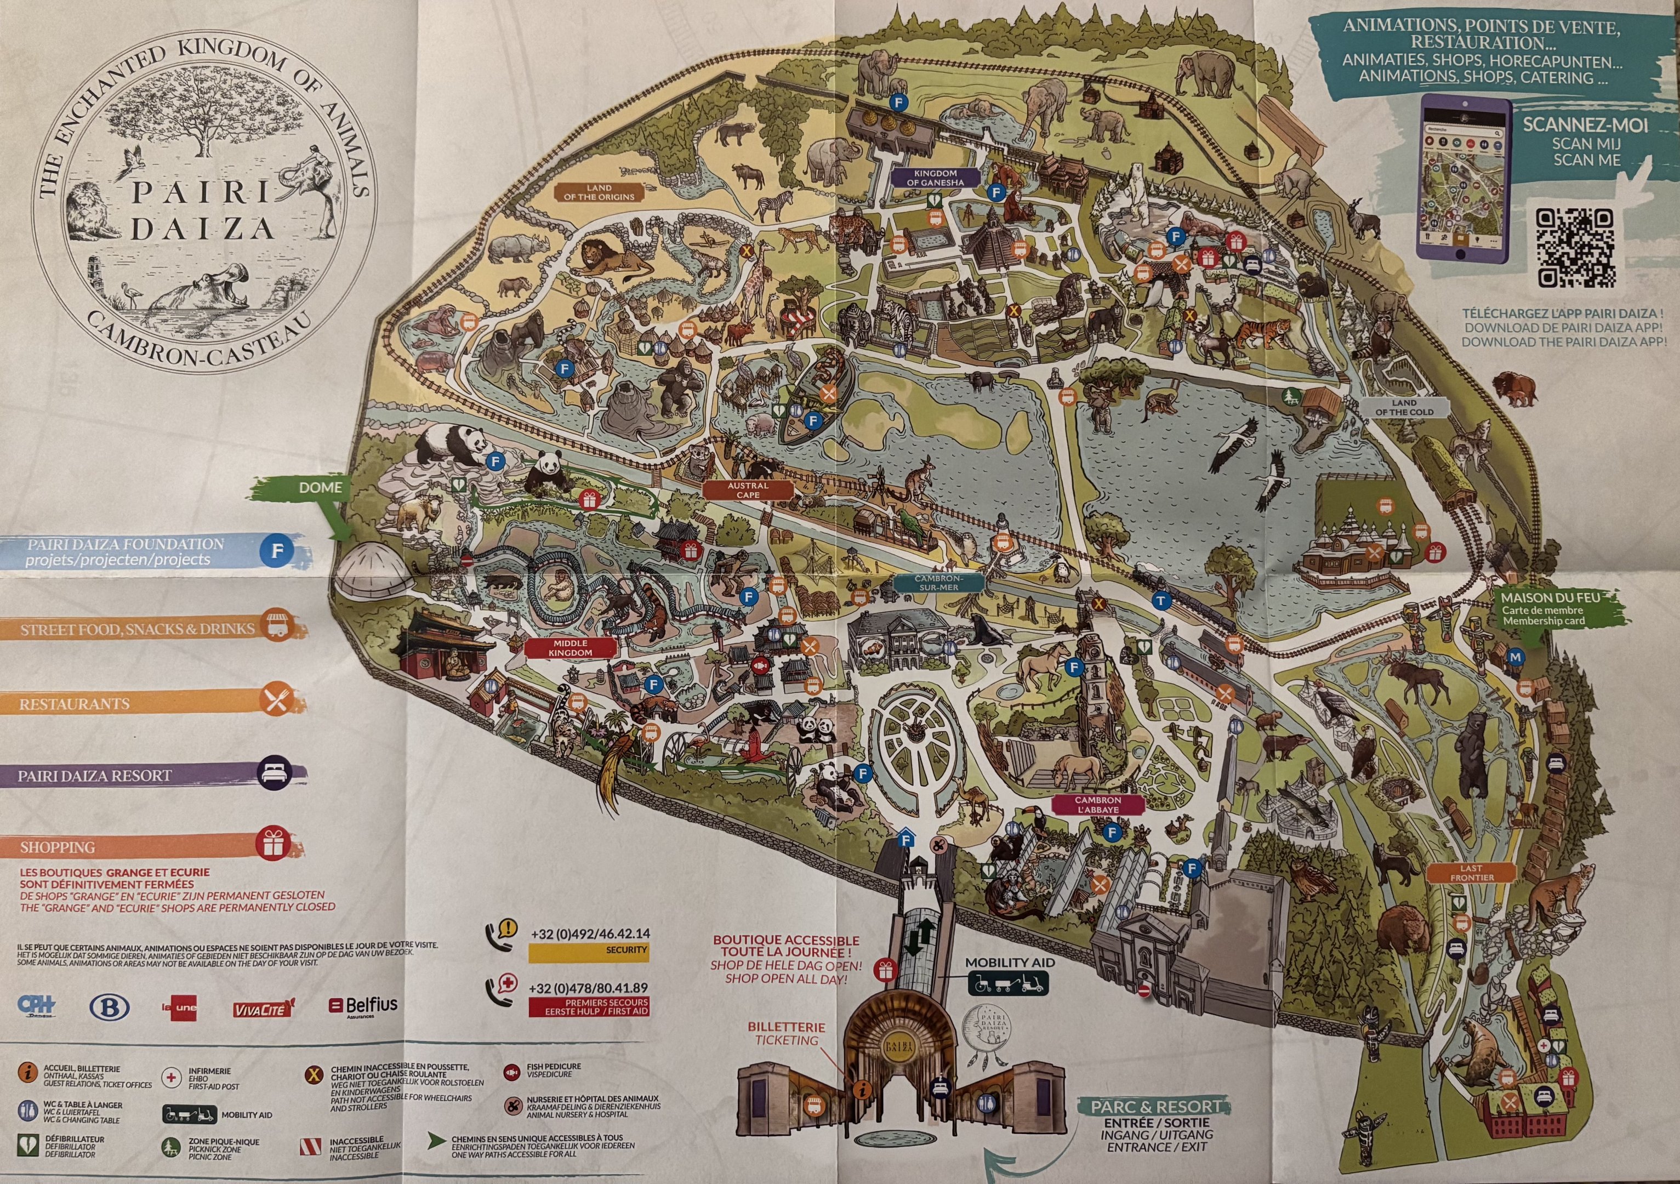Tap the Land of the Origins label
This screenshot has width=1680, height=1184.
pos(599,192)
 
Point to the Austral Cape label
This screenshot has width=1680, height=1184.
pos(748,489)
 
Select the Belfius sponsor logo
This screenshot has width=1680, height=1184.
pos(363,1005)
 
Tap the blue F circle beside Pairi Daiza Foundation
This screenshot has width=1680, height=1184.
pos(277,551)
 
